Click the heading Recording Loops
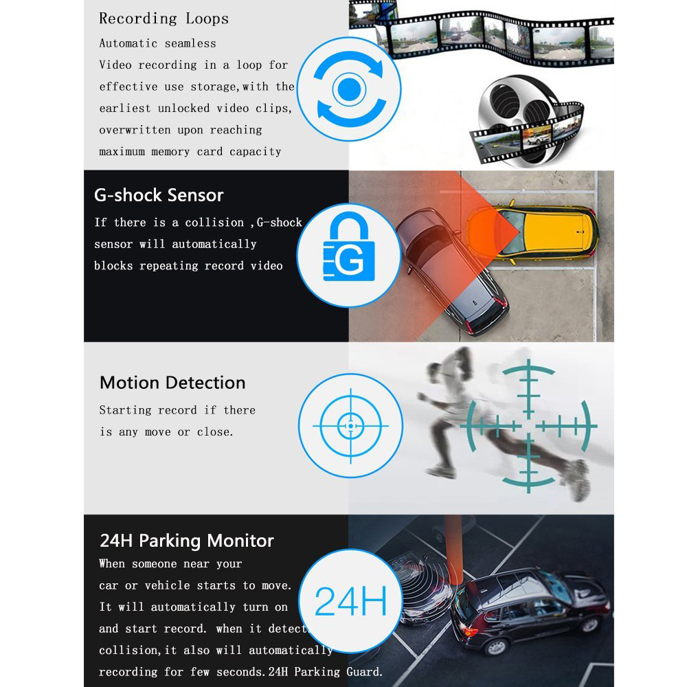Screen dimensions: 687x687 click(x=164, y=19)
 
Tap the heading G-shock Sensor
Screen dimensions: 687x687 click(x=159, y=195)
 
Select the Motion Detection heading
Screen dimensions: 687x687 click(x=172, y=383)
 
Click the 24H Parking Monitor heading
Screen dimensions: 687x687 click(x=187, y=541)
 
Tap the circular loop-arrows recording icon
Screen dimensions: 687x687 click(x=349, y=89)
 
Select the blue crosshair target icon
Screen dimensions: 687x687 click(x=350, y=426)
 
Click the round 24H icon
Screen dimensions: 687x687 click(x=349, y=600)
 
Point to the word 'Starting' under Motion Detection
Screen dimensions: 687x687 click(x=125, y=410)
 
